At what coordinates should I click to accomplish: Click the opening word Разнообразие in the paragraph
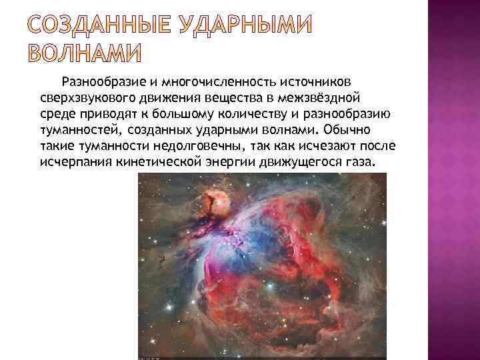click(x=103, y=83)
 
